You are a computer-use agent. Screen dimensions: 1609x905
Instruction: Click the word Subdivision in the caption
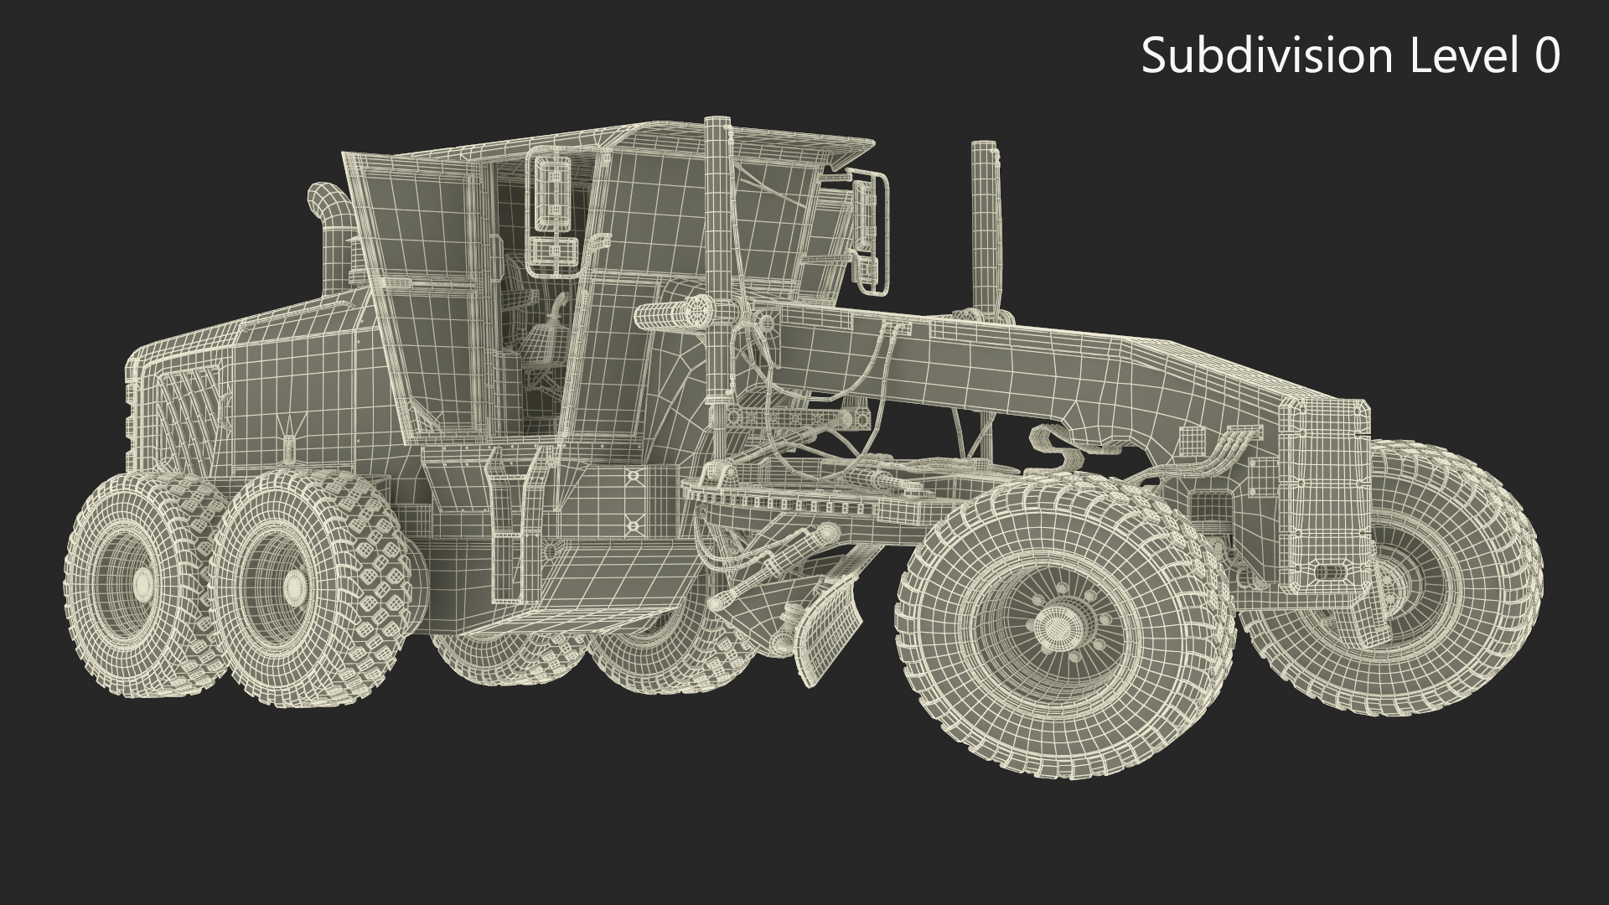(1266, 56)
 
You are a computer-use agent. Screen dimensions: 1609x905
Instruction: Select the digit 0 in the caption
(1544, 56)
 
